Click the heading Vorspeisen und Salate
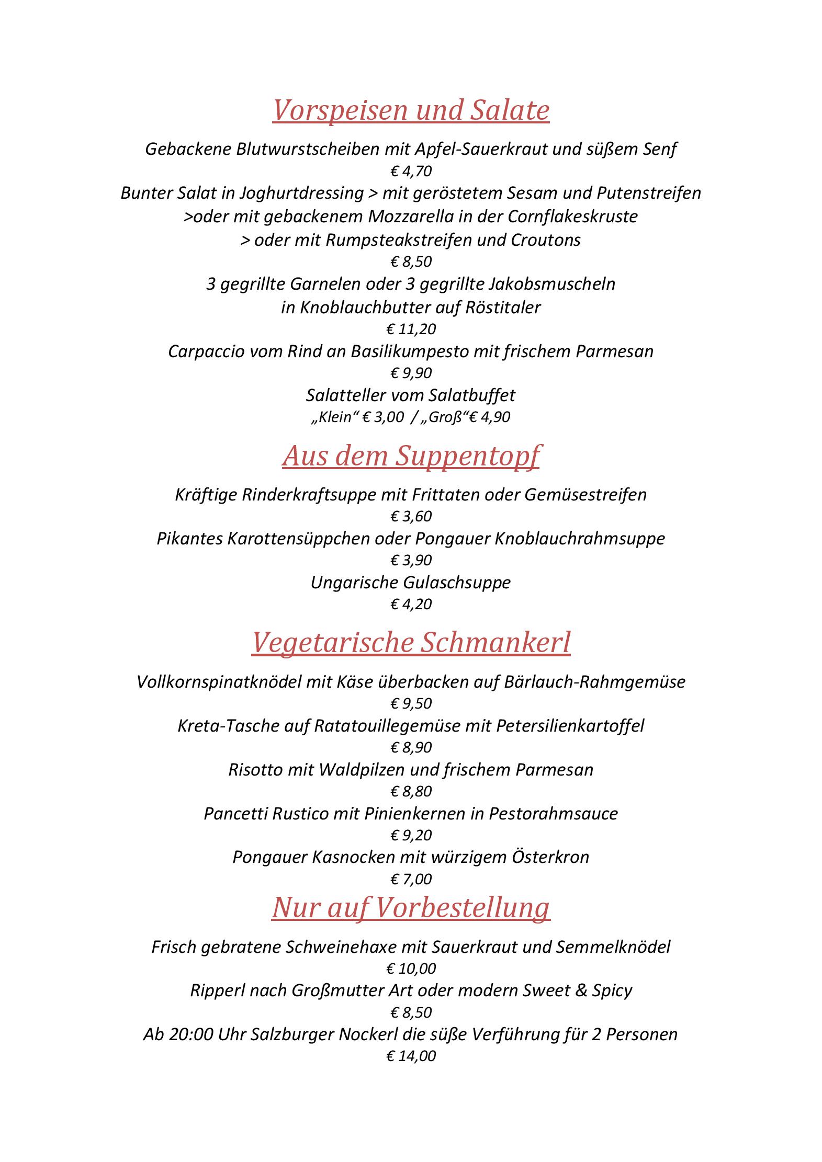pos(411,110)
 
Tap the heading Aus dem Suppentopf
pos(411,455)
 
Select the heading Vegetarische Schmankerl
pos(411,642)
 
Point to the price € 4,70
pos(411,171)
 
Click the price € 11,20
pos(411,329)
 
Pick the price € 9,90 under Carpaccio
pos(411,373)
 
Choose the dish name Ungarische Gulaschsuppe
pos(411,583)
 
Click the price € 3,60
pos(411,517)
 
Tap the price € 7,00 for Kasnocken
pos(411,879)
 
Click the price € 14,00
pos(411,1056)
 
